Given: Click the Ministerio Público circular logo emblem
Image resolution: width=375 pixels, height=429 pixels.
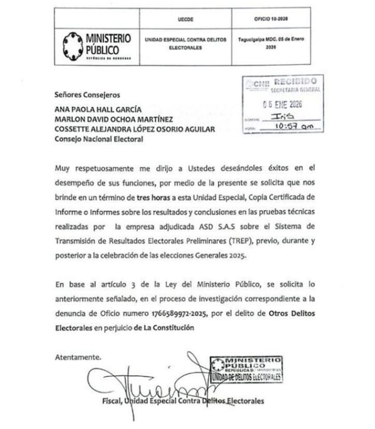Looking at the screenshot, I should point(73,45).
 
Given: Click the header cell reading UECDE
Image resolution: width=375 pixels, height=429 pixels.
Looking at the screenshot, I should point(185,19).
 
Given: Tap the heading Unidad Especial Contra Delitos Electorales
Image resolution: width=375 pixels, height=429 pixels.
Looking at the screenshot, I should point(185,44).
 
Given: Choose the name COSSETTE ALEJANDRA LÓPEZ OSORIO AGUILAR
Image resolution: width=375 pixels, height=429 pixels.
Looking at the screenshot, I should point(135,130).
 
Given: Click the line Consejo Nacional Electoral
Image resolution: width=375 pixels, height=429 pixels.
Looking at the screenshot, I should point(99,140).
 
